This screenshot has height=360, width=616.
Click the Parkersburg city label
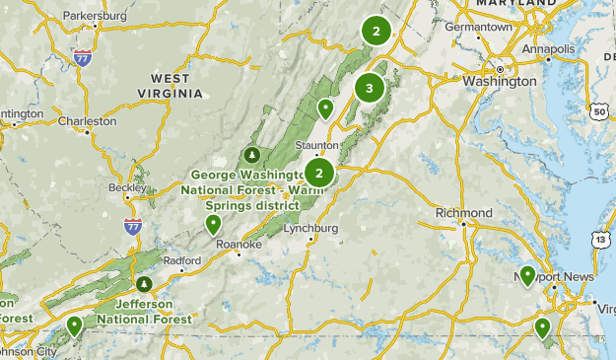[x=96, y=17]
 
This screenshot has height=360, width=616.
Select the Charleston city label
[x=87, y=122]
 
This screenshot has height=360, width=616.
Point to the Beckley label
[x=127, y=187]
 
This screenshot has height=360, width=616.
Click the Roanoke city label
[x=240, y=242]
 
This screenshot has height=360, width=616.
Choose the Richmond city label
[x=463, y=213]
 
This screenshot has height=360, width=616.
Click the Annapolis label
[x=547, y=49]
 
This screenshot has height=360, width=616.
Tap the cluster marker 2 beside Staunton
[x=319, y=173]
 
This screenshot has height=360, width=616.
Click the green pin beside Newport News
[x=528, y=276]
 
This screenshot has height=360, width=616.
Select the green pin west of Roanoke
[x=213, y=225]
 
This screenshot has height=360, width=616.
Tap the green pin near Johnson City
[x=74, y=325]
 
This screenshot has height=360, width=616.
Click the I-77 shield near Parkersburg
[x=82, y=57]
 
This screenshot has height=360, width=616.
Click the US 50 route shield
[x=599, y=111]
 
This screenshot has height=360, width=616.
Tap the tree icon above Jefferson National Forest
[x=145, y=284]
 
